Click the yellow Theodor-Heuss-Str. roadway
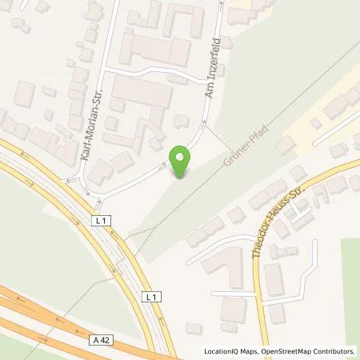258,272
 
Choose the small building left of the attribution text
193,329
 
